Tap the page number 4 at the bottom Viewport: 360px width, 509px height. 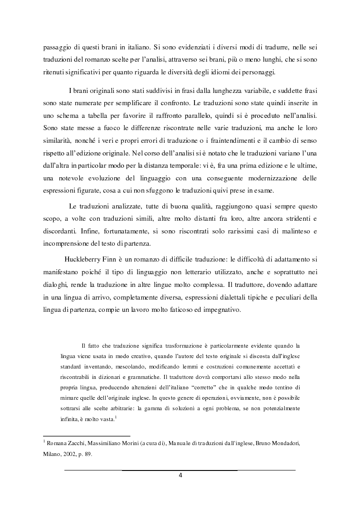180,475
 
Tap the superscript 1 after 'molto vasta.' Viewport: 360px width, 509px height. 116,418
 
